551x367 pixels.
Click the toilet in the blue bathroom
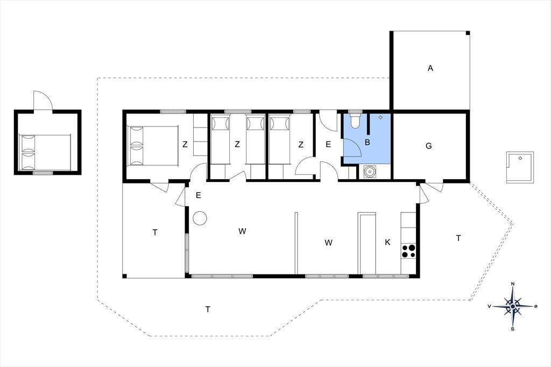pyautogui.click(x=355, y=119)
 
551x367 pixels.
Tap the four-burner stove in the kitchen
pyautogui.click(x=408, y=251)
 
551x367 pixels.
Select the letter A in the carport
pyautogui.click(x=430, y=68)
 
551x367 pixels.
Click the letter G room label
pyautogui.click(x=429, y=145)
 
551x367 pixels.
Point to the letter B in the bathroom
pyautogui.click(x=368, y=143)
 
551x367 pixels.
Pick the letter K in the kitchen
pyautogui.click(x=387, y=242)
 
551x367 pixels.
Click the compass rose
pyautogui.click(x=513, y=307)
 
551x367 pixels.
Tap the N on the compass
pyautogui.click(x=513, y=284)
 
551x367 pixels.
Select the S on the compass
pyautogui.click(x=513, y=329)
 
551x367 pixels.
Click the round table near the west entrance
pyautogui.click(x=200, y=218)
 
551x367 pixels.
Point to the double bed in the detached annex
pyautogui.click(x=46, y=152)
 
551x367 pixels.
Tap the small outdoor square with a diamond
pyautogui.click(x=520, y=167)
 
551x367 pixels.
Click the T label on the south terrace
pyautogui.click(x=208, y=309)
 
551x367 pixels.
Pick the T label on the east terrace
pyautogui.click(x=458, y=238)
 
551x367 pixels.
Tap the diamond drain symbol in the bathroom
pyautogui.click(x=380, y=117)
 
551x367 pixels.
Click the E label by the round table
pyautogui.click(x=198, y=195)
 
